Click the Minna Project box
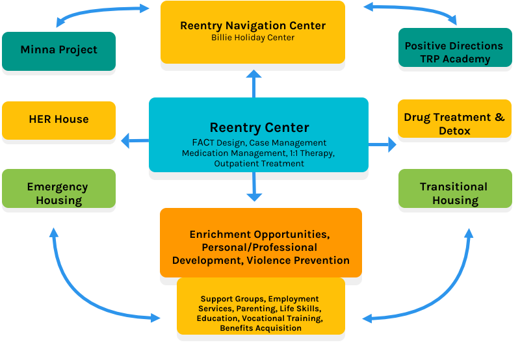[x=59, y=50]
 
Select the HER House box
[x=59, y=120]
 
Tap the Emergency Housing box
[x=59, y=193]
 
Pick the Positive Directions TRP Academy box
[x=454, y=52]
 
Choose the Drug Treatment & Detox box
[x=454, y=123]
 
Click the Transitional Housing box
[x=454, y=193]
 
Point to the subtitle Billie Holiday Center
[x=253, y=38]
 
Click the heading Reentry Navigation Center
[x=253, y=26]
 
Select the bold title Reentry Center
[x=259, y=127]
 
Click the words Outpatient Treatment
[x=259, y=164]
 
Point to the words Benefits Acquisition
[x=261, y=328]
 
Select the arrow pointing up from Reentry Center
[x=253, y=83]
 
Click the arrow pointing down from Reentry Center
[x=253, y=188]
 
